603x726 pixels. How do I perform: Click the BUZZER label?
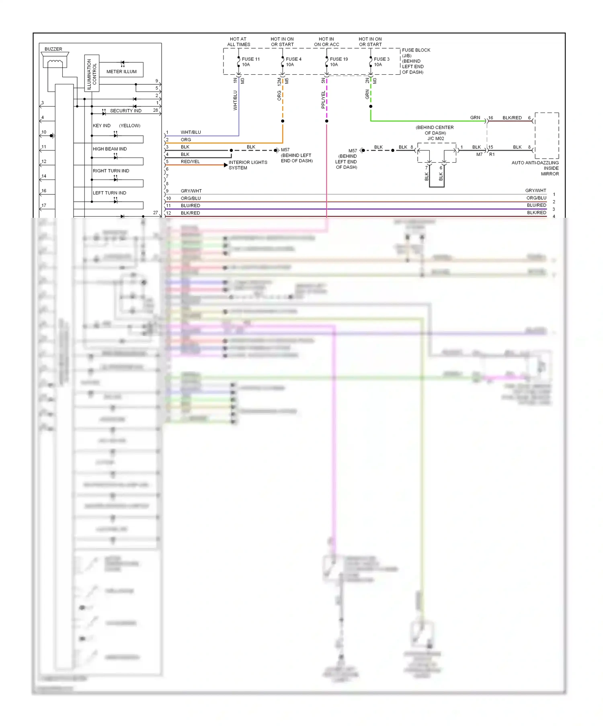coord(53,49)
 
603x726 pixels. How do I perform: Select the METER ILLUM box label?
coord(121,72)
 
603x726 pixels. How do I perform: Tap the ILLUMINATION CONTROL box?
coord(92,73)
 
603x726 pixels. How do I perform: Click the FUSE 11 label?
coord(251,59)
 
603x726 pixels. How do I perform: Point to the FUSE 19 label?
coord(339,59)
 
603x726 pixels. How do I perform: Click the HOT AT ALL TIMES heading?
coord(238,42)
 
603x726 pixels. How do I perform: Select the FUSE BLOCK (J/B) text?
coord(416,53)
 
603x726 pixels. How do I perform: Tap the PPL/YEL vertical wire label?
coord(323,100)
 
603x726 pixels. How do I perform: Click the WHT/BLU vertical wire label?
coord(235,100)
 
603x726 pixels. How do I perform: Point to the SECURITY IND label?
coord(125,111)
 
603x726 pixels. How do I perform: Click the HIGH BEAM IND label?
coord(110,149)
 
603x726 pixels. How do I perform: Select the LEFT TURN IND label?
coord(109,193)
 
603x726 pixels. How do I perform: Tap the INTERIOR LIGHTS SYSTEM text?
coord(248,165)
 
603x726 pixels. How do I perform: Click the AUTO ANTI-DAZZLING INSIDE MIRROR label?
coord(535,168)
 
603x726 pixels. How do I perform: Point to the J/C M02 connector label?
coord(435,139)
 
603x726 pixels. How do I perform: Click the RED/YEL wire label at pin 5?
coord(190,162)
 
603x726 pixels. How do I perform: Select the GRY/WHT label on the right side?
coord(535,190)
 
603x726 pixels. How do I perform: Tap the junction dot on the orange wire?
coord(283,121)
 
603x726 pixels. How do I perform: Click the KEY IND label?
coord(101,126)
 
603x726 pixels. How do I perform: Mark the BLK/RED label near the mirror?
coord(512,118)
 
